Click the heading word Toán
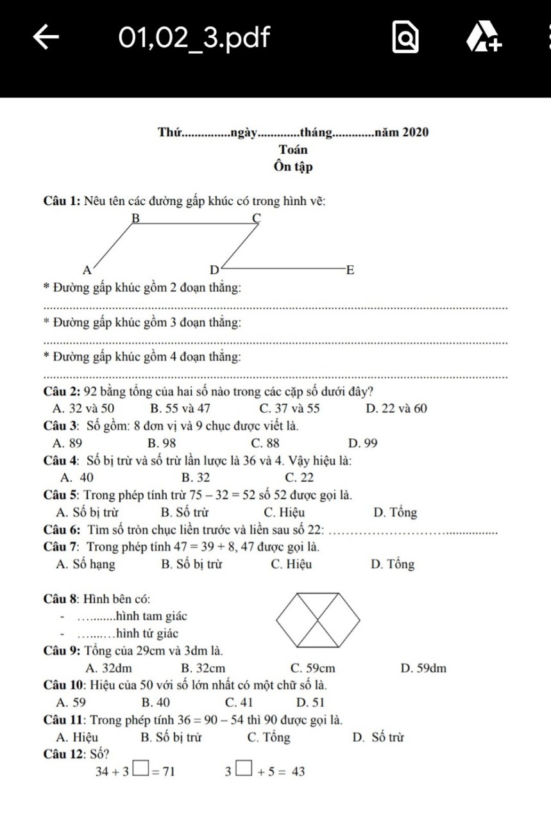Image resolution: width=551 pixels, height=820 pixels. click(x=292, y=150)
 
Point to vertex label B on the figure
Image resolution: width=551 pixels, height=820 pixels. click(x=135, y=218)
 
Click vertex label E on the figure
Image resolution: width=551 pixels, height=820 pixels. click(x=350, y=269)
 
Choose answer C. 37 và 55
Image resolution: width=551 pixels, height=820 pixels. click(x=289, y=409)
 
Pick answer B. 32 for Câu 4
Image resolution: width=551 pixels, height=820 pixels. click(x=196, y=477)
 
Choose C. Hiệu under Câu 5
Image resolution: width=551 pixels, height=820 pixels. click(x=284, y=512)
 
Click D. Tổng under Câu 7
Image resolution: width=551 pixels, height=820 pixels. click(x=392, y=564)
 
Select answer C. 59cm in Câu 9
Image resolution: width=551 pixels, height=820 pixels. click(x=312, y=669)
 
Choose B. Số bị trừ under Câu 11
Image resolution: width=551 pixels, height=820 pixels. click(x=171, y=737)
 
